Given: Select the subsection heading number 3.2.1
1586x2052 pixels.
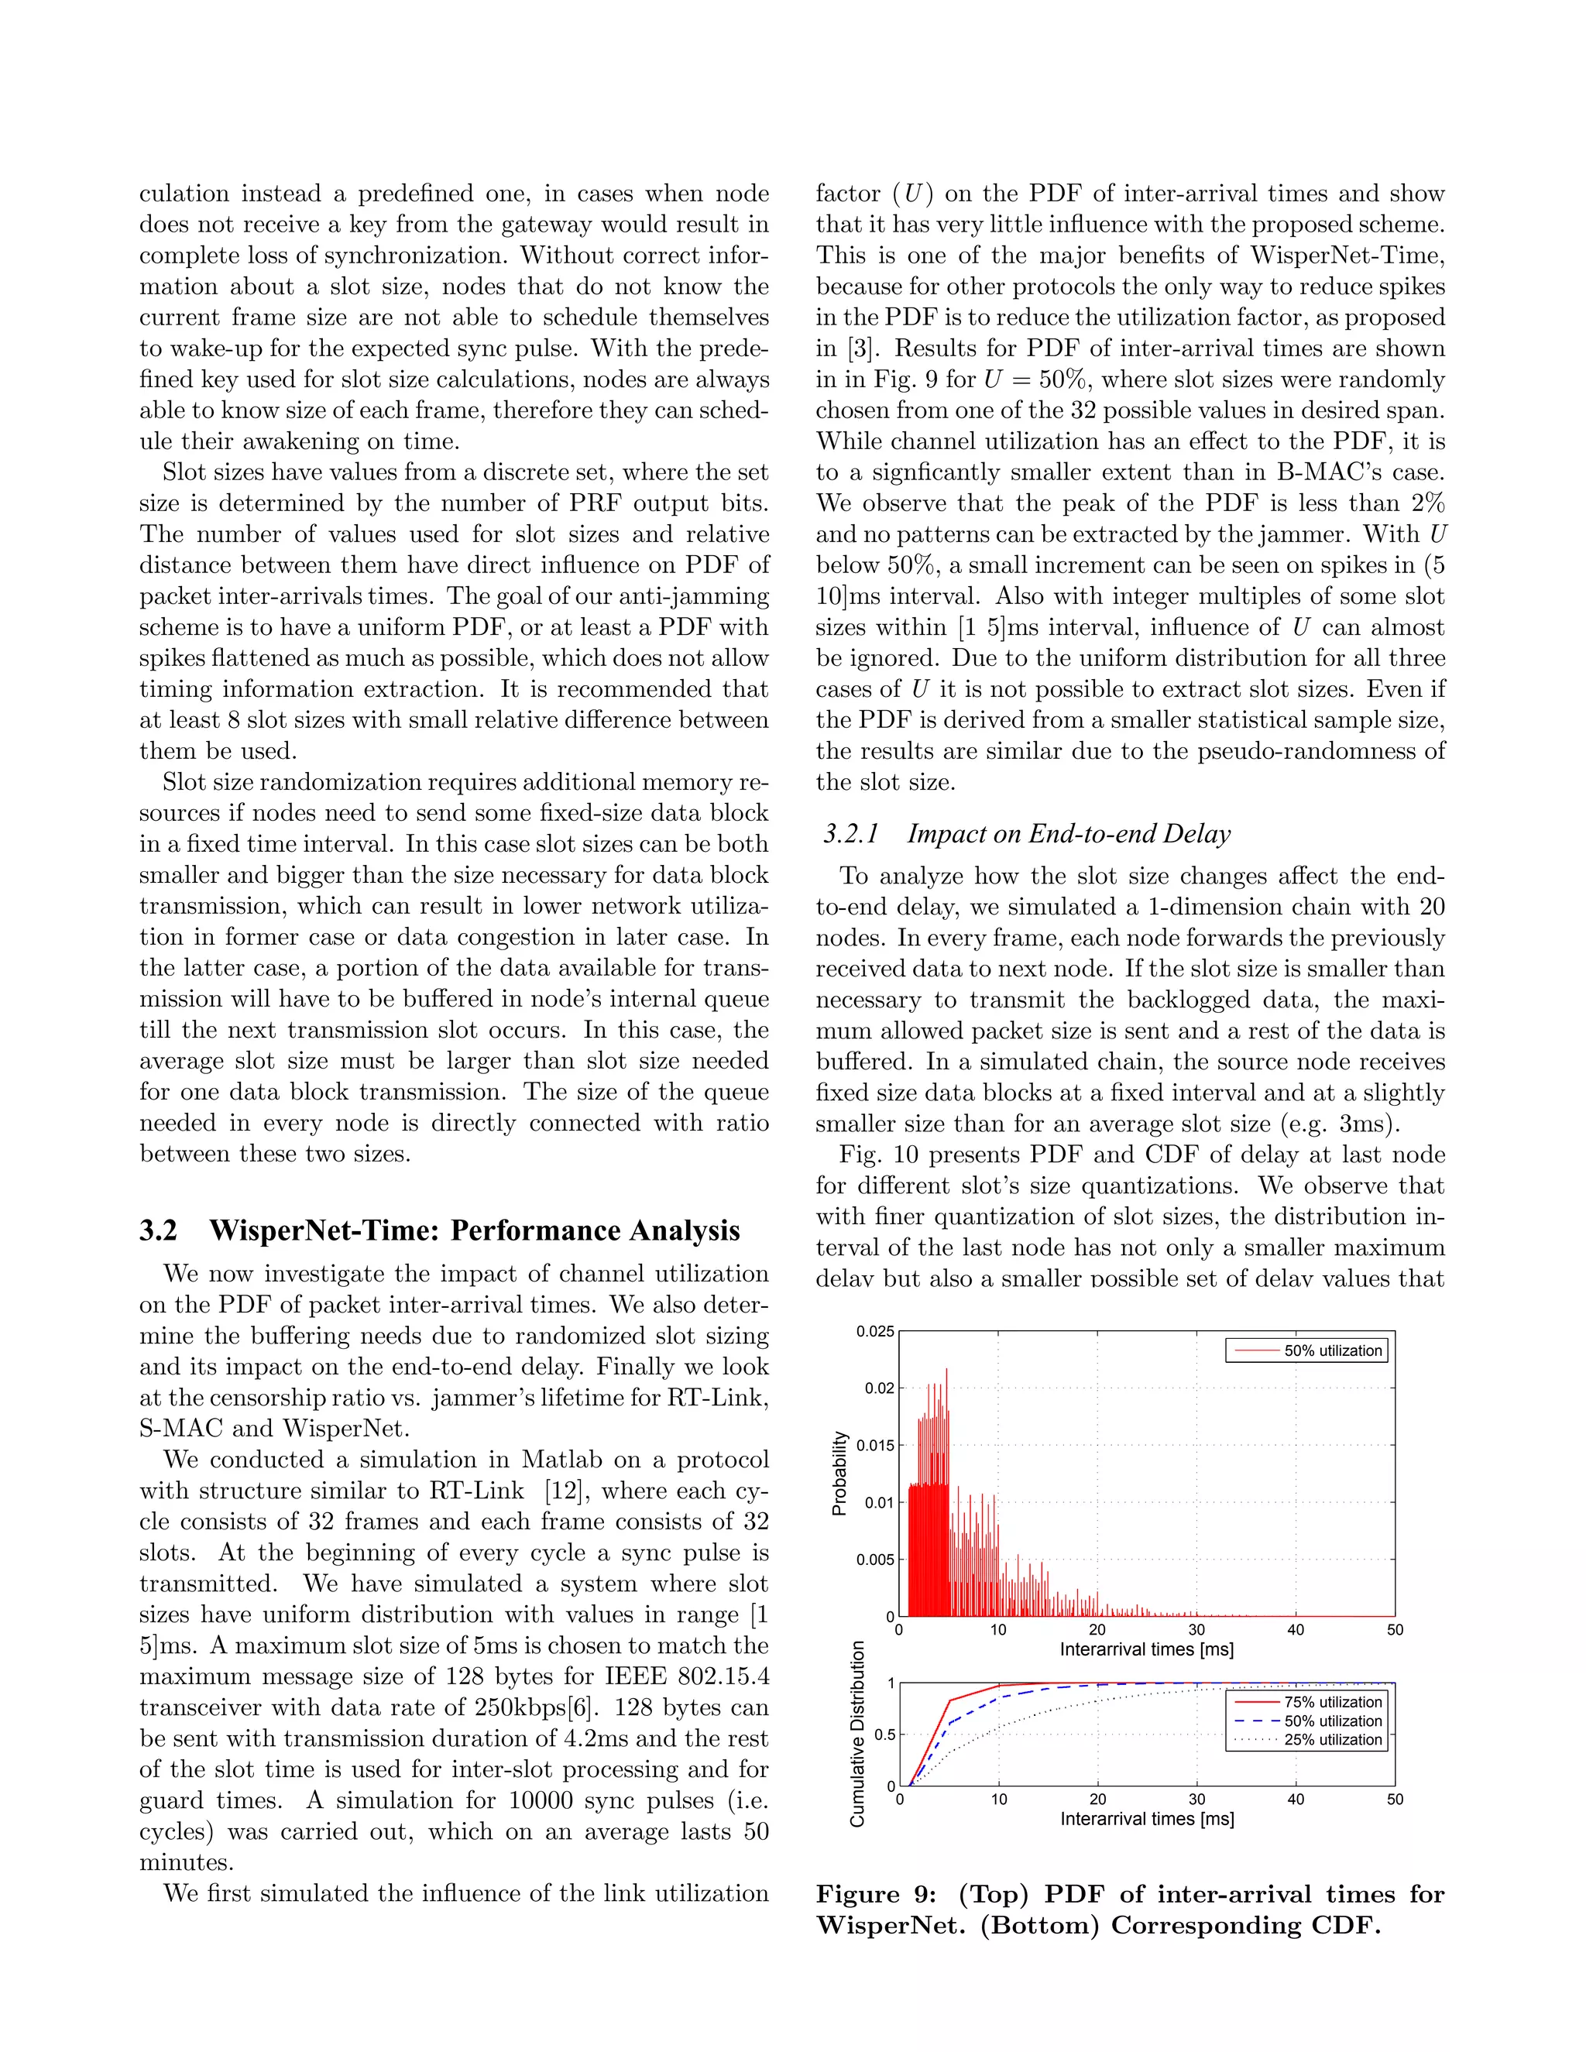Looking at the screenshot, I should click(850, 834).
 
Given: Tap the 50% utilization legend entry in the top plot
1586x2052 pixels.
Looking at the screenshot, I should click(1332, 1350).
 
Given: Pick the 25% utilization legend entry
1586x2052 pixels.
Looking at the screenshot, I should click(1332, 1739).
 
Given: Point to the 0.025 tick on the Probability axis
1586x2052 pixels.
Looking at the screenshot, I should click(875, 1331).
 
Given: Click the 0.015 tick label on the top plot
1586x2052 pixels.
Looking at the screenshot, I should click(875, 1445).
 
